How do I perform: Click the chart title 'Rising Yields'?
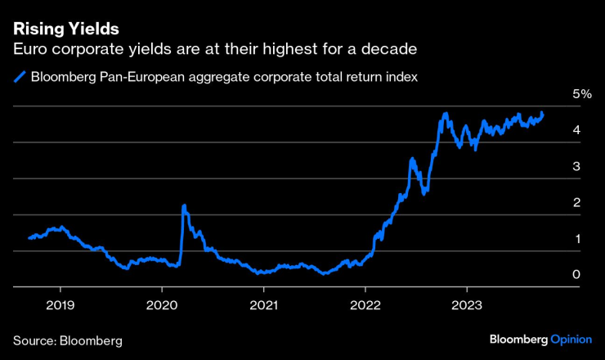(x=66, y=29)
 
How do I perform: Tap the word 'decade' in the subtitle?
(x=390, y=50)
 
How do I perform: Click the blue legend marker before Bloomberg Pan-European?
(x=20, y=79)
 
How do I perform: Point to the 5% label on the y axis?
(x=581, y=94)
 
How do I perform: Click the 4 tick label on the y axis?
(x=577, y=130)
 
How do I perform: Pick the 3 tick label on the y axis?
(x=577, y=166)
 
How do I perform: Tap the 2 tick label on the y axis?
(x=577, y=202)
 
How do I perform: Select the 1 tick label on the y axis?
(x=577, y=239)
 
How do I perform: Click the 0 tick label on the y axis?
(x=577, y=275)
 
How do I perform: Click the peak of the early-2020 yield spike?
(x=184, y=205)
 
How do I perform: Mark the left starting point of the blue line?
(x=29, y=238)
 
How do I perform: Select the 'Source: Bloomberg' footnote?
(x=67, y=340)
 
